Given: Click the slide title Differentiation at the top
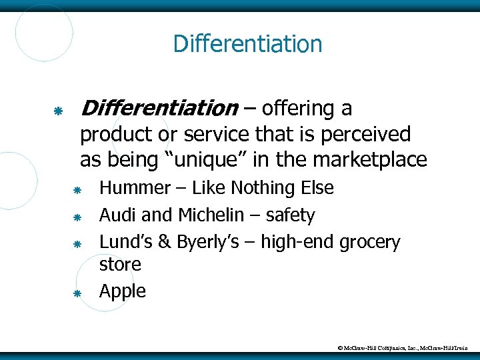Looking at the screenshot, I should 247,45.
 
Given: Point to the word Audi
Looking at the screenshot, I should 117,215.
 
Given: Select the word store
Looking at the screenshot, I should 120,265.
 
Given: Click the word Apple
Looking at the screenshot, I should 123,291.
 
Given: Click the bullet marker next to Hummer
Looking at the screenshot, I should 77,190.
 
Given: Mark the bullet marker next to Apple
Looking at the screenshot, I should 77,293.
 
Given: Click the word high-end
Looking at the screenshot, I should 297,241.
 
